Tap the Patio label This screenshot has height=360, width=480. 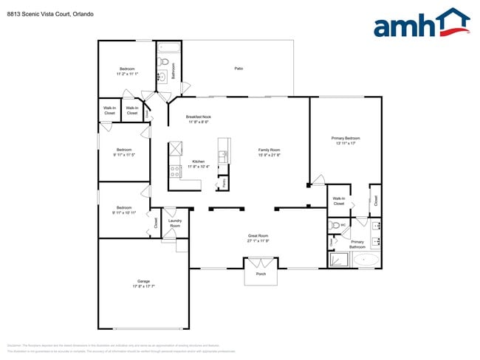click(239, 69)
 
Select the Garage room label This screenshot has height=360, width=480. click(143, 280)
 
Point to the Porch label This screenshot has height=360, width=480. click(261, 275)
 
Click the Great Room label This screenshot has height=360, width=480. click(258, 236)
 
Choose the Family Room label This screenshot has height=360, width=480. click(268, 150)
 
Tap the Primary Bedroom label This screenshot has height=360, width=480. click(346, 138)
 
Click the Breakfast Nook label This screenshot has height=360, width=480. click(199, 117)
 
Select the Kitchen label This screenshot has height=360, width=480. click(198, 162)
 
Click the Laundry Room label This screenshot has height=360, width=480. click(175, 222)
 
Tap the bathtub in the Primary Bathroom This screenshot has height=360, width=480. click(366, 260)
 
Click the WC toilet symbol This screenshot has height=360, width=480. click(337, 226)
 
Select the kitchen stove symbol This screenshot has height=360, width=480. click(176, 171)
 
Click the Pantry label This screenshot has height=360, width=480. click(224, 181)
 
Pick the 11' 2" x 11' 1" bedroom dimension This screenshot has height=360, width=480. click(127, 74)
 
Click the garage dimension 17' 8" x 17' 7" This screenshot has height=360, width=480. click(143, 285)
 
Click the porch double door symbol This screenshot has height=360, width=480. click(261, 263)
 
